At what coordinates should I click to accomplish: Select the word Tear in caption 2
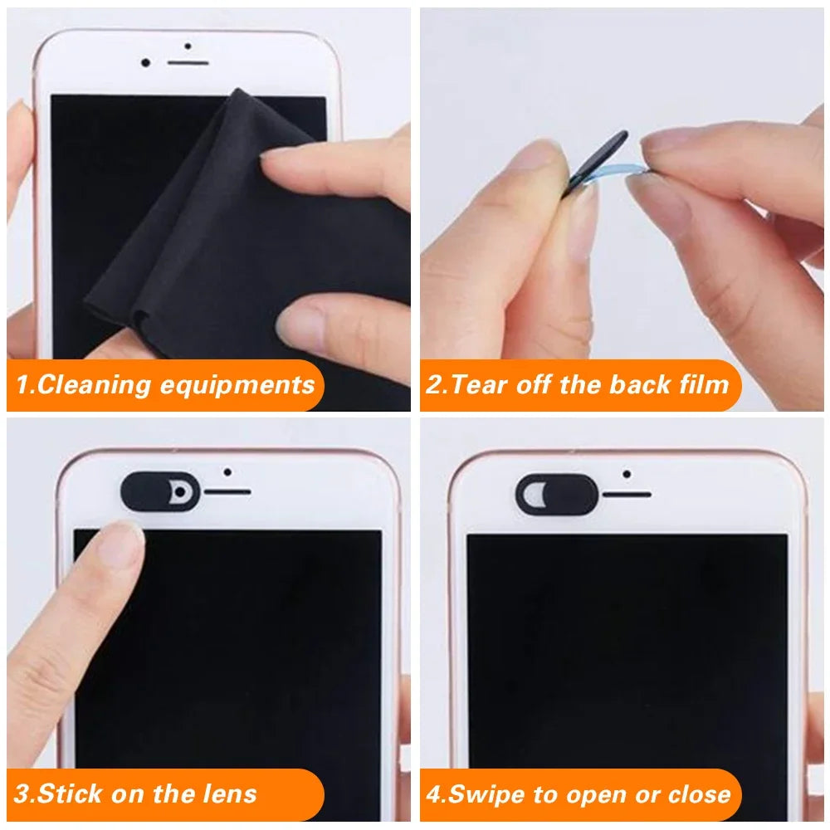(480, 385)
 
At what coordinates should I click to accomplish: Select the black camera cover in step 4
(556, 495)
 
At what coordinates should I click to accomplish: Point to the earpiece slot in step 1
(188, 64)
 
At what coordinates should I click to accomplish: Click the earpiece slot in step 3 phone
(227, 492)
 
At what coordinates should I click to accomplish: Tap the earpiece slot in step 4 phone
(627, 495)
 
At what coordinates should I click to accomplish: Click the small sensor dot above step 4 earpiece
(627, 475)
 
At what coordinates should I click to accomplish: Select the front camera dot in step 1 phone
(146, 63)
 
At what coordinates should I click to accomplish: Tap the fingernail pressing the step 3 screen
(127, 544)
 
